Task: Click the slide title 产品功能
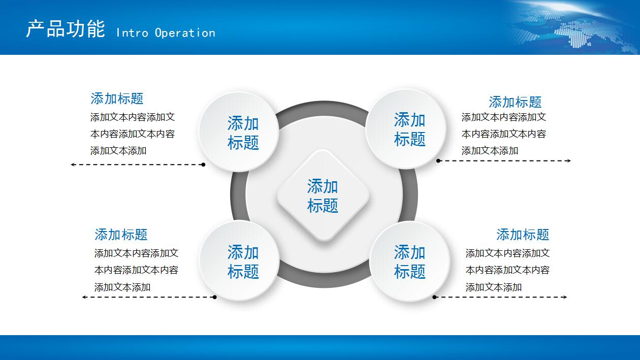66,29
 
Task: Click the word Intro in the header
132,33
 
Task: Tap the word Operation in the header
185,33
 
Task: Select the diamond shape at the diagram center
323,195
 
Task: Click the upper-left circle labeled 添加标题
239,132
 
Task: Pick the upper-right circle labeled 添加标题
406,129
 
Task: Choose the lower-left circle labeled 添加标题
239,260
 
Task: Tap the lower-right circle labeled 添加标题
409,261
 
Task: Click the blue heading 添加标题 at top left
117,99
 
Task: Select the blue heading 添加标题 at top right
515,102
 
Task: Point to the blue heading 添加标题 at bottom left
121,235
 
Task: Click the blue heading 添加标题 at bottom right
523,235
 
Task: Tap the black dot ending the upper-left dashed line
203,165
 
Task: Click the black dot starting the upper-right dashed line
438,161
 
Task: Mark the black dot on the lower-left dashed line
214,297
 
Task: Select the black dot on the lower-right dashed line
434,297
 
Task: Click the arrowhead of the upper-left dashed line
73,165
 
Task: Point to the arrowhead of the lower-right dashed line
565,297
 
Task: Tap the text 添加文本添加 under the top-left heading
118,151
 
